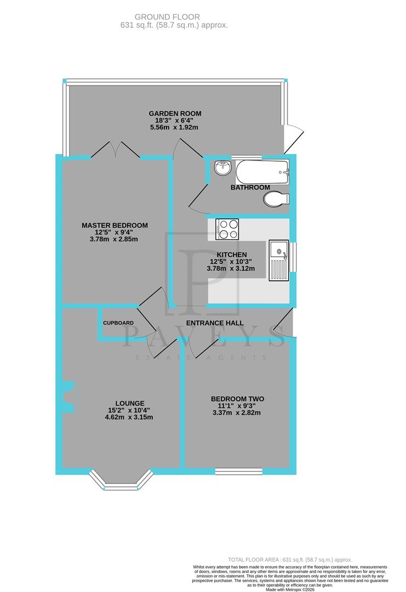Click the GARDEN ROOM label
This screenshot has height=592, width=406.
point(171,113)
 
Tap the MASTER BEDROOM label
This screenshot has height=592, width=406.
point(115,225)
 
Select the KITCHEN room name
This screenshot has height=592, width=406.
point(232,255)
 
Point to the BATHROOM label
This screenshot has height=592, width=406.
point(250,187)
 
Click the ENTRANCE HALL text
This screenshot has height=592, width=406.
point(215,323)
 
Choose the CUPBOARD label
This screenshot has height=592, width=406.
point(118,323)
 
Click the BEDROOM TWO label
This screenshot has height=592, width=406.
point(237,399)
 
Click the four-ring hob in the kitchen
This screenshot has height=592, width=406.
point(227,229)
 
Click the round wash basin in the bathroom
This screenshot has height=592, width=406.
point(222,168)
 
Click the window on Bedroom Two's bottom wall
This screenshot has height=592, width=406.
point(238,471)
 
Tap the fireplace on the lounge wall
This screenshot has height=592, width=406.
point(68,396)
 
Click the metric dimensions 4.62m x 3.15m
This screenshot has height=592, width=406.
point(130,417)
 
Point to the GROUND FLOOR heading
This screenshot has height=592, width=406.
point(174,18)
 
